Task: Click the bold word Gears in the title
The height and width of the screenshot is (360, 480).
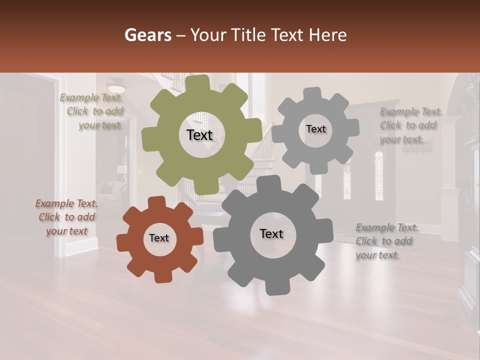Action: click(147, 35)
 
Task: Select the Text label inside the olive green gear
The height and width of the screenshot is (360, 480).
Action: click(200, 135)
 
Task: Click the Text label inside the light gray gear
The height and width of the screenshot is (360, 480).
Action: click(315, 129)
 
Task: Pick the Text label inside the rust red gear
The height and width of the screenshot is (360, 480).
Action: click(159, 238)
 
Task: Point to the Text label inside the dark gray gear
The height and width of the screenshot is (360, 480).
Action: click(271, 233)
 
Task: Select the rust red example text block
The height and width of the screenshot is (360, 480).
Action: click(67, 217)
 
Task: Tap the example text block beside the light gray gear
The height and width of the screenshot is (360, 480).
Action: click(408, 125)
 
